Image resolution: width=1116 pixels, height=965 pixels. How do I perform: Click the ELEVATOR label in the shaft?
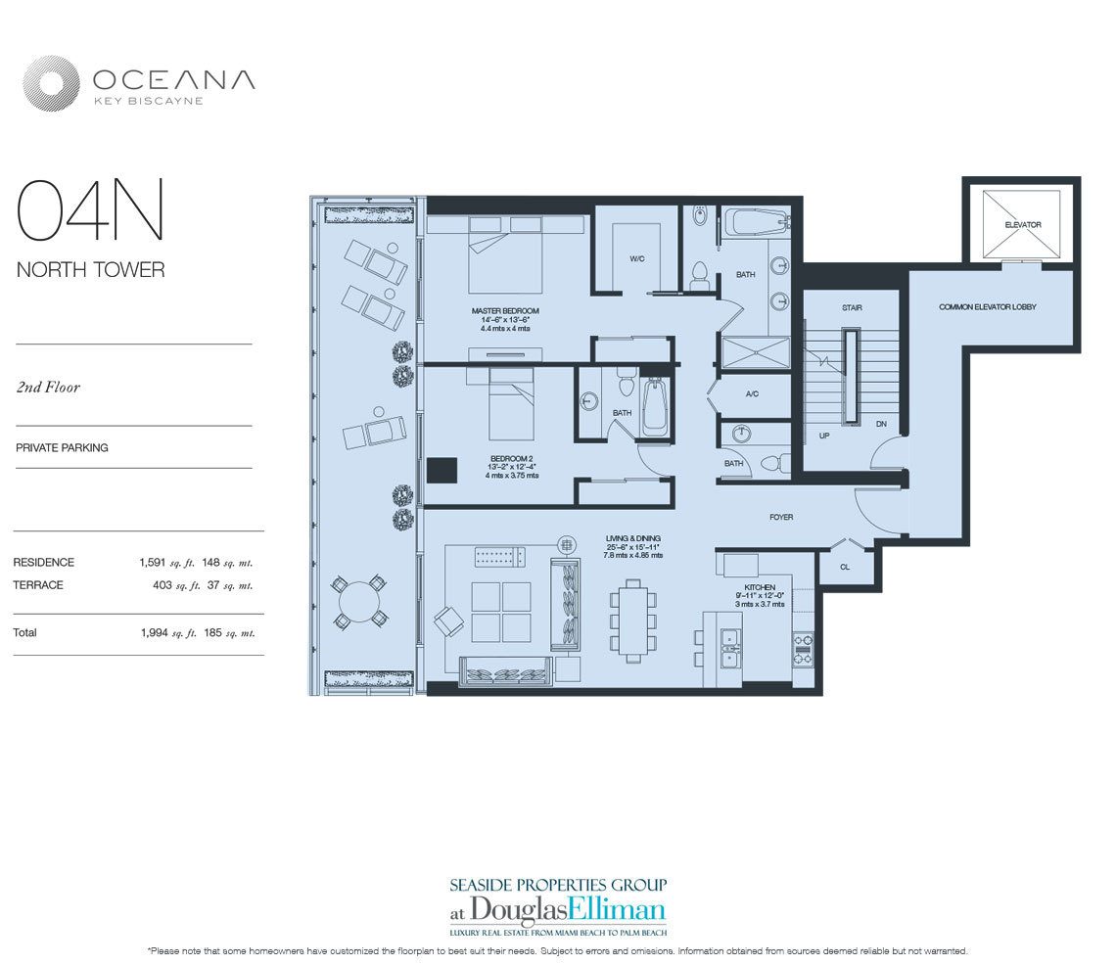[1022, 225]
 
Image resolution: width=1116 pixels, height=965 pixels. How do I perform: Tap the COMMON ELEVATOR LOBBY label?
[987, 307]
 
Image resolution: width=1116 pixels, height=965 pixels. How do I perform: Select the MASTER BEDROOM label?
[504, 311]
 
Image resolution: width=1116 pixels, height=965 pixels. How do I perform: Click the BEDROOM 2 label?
[510, 458]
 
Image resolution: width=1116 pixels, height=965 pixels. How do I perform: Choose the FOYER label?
[780, 517]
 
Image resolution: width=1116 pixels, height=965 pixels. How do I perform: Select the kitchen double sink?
[730, 649]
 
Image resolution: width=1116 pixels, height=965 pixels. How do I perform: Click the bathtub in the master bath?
[755, 224]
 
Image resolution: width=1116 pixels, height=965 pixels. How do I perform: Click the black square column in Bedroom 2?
[442, 470]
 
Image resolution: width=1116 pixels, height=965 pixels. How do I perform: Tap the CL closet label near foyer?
[845, 567]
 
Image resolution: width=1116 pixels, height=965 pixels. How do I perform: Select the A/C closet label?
[752, 394]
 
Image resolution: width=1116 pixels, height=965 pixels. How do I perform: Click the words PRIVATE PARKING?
[62, 447]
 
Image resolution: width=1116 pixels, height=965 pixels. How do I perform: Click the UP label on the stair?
[824, 436]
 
